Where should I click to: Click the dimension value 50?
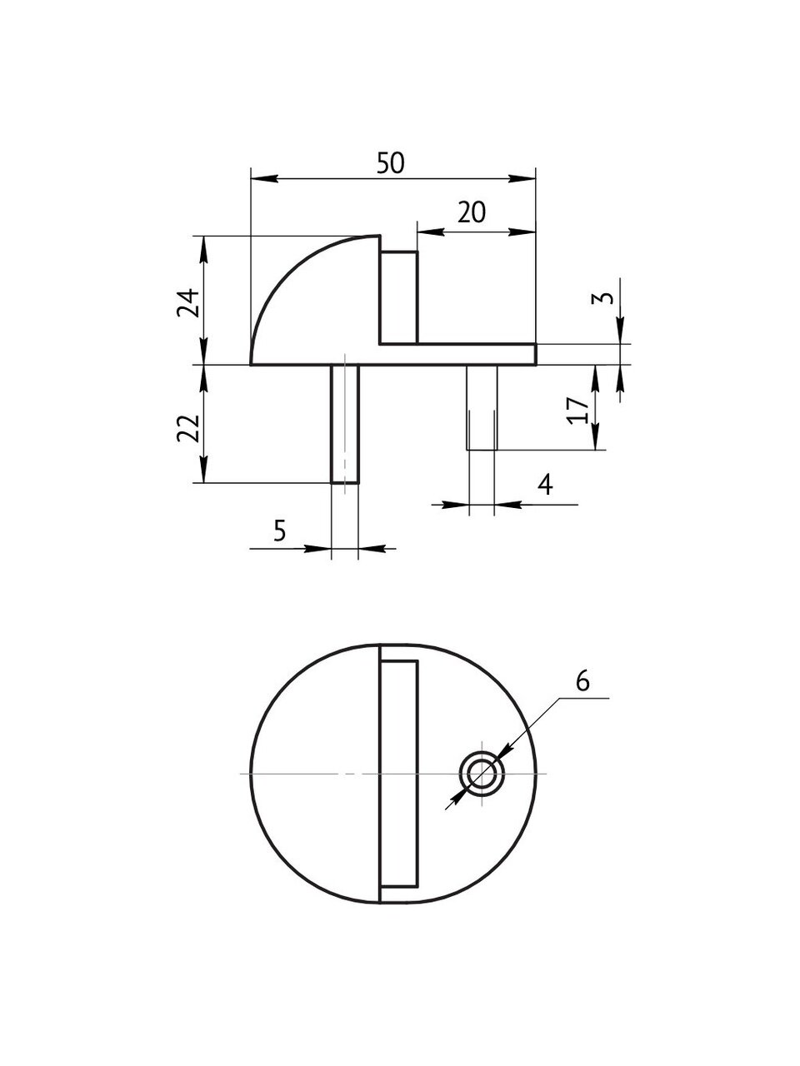[x=390, y=163]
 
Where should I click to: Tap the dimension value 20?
[x=472, y=213]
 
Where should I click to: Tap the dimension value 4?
[x=544, y=484]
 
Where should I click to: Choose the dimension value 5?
[x=279, y=530]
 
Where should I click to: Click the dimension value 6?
[x=582, y=680]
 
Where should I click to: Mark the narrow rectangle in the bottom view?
[x=398, y=773]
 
